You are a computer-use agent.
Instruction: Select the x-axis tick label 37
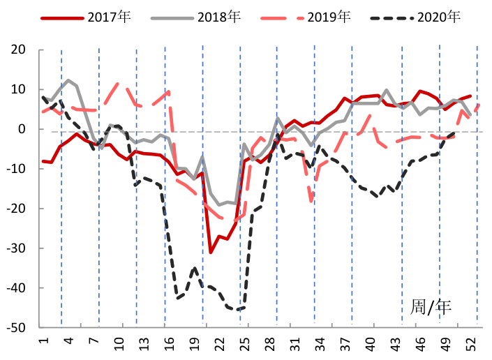345,345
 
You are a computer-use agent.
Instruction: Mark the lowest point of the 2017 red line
211,252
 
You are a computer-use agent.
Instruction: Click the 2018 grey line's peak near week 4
68,80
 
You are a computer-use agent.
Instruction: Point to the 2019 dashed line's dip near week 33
311,201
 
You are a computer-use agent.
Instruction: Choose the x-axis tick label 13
144,345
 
